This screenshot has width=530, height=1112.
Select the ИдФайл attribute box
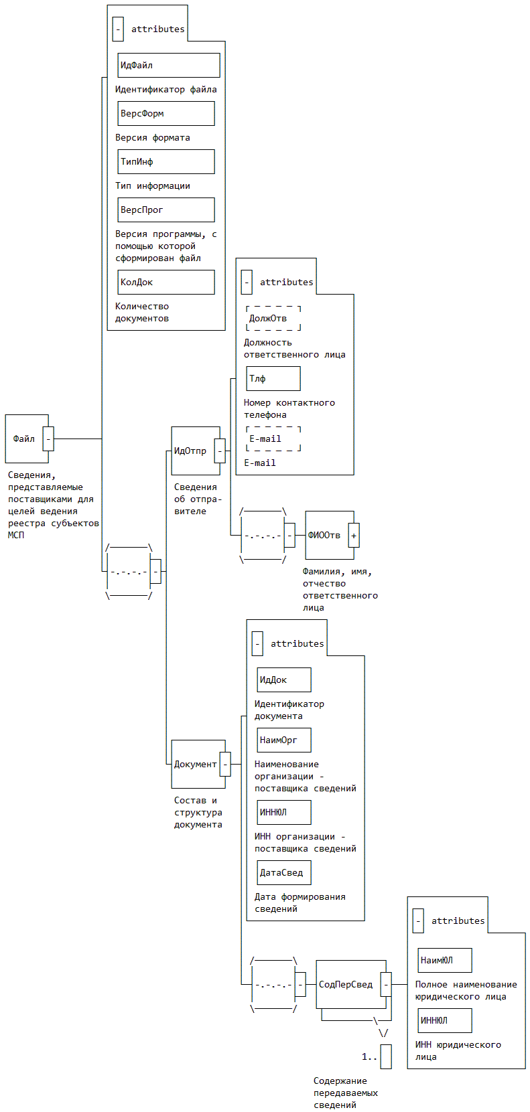coord(169,65)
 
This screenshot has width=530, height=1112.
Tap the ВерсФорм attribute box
coord(166,113)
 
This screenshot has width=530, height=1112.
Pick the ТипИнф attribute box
coord(166,161)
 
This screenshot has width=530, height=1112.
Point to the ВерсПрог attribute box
coord(166,210)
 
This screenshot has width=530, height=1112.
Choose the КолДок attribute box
coord(166,282)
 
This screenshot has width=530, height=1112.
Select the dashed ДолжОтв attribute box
coord(273,318)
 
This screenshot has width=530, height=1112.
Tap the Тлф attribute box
coord(273,378)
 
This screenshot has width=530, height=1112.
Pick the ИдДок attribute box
coord(284,680)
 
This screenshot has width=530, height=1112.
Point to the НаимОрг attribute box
coord(284,740)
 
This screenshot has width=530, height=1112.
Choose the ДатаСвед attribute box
coord(284,872)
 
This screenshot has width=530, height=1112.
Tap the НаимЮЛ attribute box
coord(445,960)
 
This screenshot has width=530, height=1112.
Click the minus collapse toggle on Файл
coord(48,439)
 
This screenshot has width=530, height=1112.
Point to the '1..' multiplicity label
coord(369,1056)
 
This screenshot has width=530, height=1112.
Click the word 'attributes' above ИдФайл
coord(158,29)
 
